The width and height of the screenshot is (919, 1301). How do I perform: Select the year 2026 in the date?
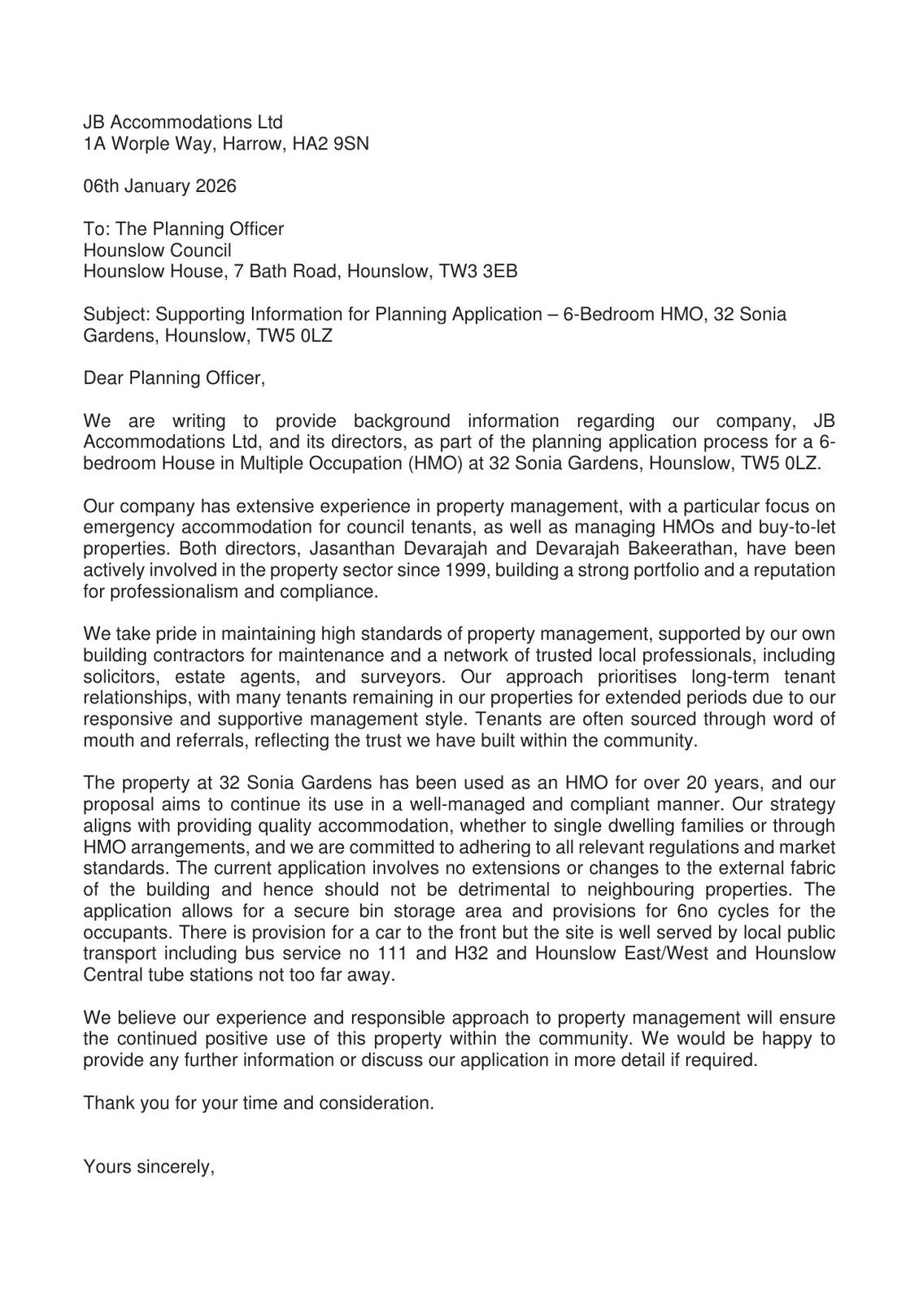click(x=216, y=186)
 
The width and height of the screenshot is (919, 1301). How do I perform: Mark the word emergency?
click(x=126, y=528)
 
